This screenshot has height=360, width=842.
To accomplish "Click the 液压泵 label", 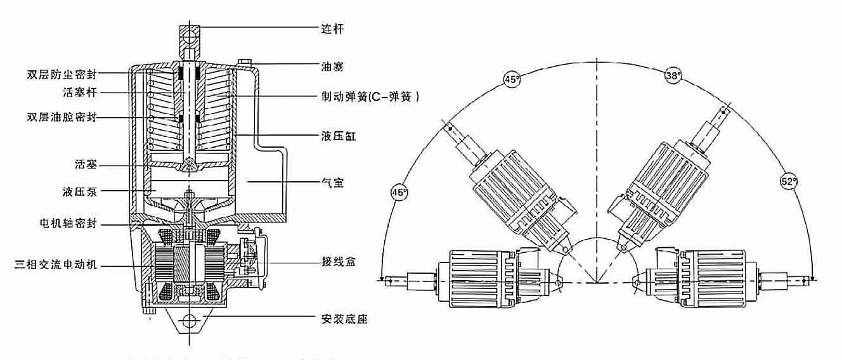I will [x=80, y=190].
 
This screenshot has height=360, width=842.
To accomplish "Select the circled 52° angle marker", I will [x=789, y=181].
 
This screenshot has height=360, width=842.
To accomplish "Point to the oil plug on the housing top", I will [x=243, y=62].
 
